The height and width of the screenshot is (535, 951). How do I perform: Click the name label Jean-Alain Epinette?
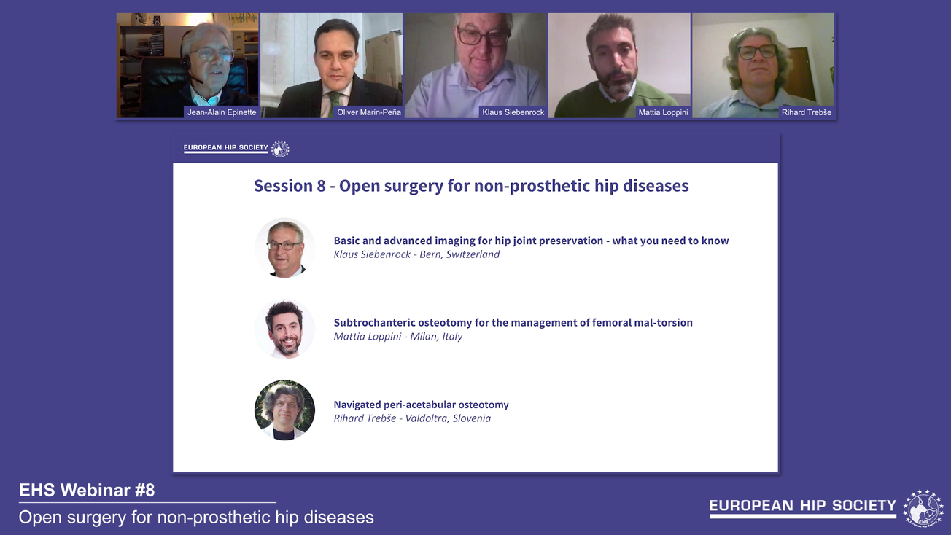[x=221, y=112]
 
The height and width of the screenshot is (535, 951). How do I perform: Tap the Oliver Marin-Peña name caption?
[x=368, y=112]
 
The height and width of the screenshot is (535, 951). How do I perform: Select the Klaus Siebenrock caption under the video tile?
[x=513, y=112]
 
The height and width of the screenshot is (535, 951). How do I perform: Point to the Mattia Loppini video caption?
[x=663, y=112]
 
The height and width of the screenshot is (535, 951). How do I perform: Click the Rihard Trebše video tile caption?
[x=806, y=112]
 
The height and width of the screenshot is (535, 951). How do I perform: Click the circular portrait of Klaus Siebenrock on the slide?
[x=284, y=248]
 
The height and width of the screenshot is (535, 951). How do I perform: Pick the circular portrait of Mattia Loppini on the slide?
[x=284, y=329]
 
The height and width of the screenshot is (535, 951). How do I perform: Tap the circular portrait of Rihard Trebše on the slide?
[x=284, y=410]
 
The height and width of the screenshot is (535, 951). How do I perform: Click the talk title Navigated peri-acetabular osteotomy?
[x=421, y=405]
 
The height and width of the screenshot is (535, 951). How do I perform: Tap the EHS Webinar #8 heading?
[x=87, y=491]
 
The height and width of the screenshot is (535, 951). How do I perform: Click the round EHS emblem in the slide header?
[x=280, y=149]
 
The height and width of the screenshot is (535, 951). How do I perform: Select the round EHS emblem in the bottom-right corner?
[x=923, y=508]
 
